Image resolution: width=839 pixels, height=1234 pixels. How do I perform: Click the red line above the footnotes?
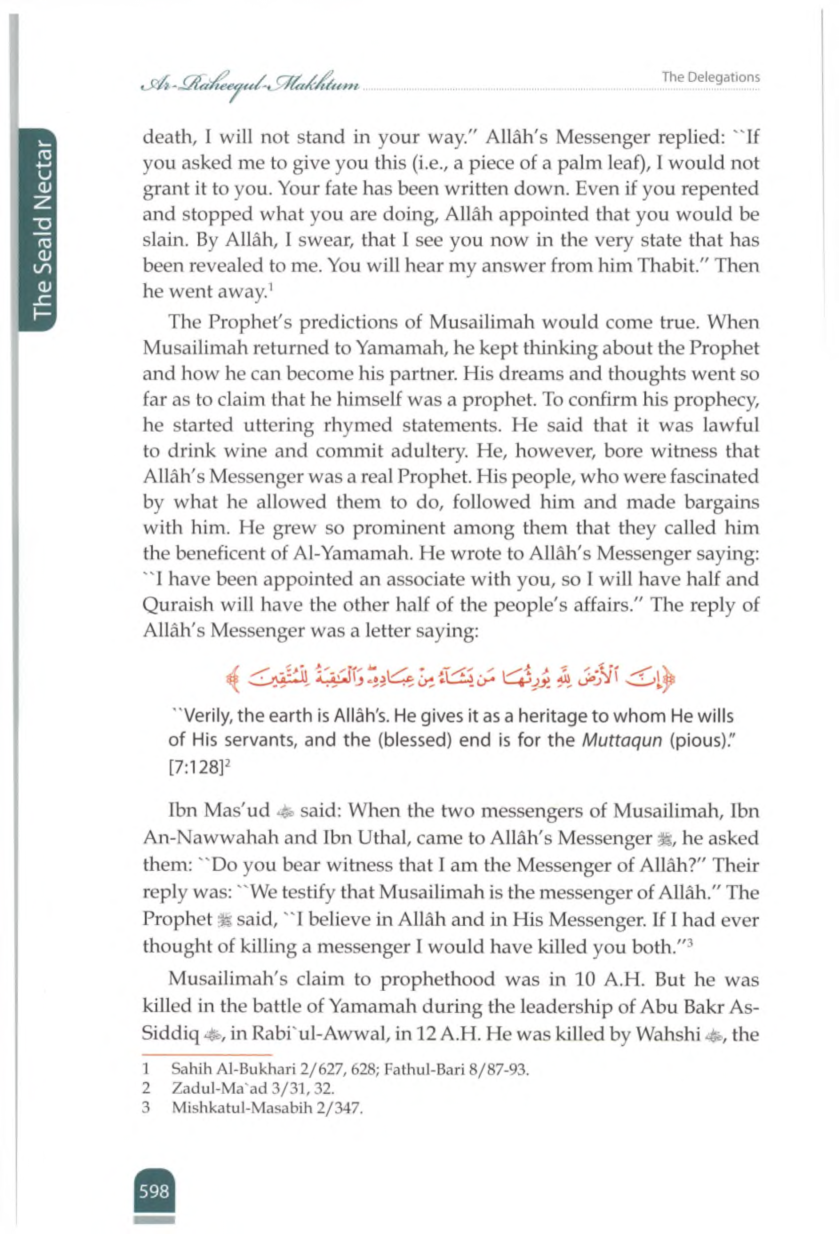(x=207, y=1055)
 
